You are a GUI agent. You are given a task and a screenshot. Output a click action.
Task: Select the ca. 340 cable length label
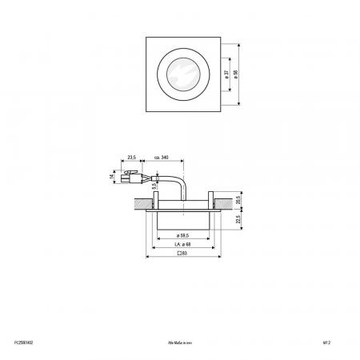(159, 158)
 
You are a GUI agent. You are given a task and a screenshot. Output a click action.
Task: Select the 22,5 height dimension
(238, 218)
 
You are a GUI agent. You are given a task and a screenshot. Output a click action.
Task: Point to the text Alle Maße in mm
(180, 340)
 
